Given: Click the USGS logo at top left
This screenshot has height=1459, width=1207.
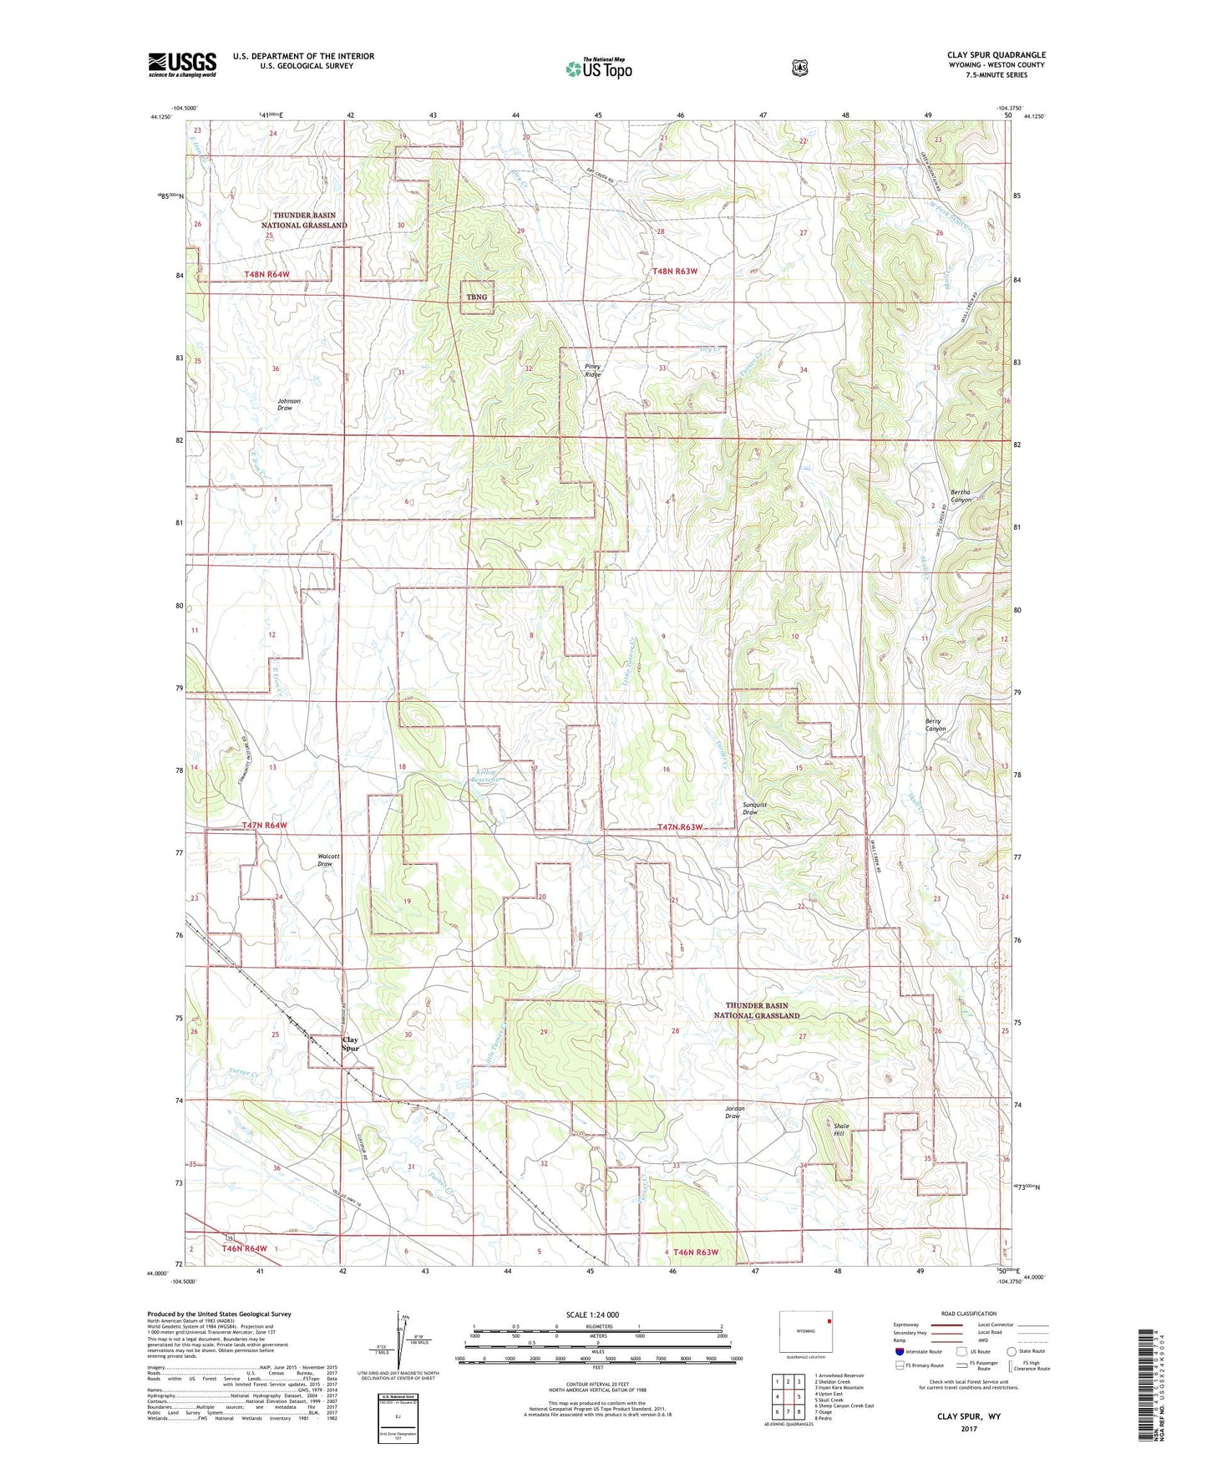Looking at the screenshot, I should click(x=182, y=64).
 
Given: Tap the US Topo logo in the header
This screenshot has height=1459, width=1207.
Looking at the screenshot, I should click(x=597, y=69).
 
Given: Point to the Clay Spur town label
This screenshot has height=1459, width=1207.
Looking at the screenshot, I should click(x=351, y=1044).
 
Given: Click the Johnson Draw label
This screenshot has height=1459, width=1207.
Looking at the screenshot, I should click(x=289, y=404).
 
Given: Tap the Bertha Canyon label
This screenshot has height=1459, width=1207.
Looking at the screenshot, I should click(x=961, y=496).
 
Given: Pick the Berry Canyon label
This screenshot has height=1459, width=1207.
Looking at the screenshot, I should click(x=935, y=724).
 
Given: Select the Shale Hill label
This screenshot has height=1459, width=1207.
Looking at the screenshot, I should click(x=842, y=1130).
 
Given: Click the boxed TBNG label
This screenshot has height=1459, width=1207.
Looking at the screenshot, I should click(x=477, y=297).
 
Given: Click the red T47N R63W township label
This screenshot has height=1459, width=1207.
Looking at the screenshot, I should click(x=680, y=827).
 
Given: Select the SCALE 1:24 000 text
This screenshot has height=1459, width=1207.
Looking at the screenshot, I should click(x=592, y=1314).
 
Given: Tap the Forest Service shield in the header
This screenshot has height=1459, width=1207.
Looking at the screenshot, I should click(x=799, y=68).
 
